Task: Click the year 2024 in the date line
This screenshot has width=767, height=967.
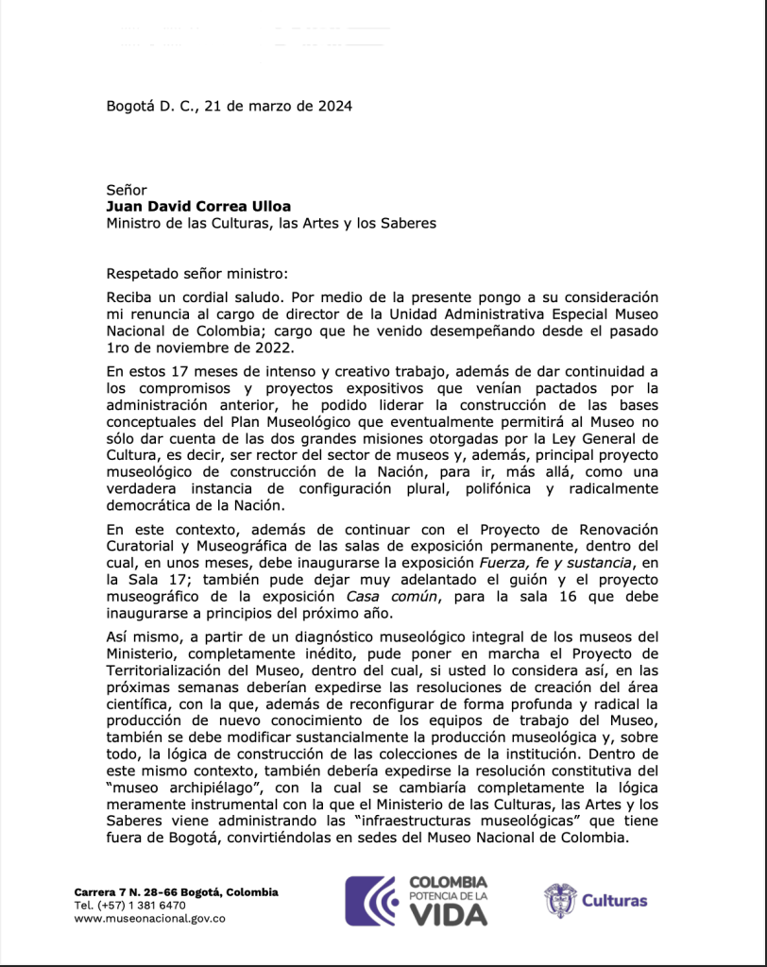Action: [x=334, y=106]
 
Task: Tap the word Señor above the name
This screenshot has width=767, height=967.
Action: [x=127, y=190]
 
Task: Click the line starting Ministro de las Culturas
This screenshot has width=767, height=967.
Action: [x=270, y=224]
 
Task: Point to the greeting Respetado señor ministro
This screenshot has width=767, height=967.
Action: [x=196, y=275]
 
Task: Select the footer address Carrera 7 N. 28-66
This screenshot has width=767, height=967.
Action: [x=131, y=892]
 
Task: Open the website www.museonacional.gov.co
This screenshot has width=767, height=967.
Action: [x=149, y=917]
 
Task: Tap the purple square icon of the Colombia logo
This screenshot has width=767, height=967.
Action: [x=370, y=900]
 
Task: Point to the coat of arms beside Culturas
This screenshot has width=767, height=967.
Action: [x=559, y=900]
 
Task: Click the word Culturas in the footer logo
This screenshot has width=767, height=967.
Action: [x=614, y=900]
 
